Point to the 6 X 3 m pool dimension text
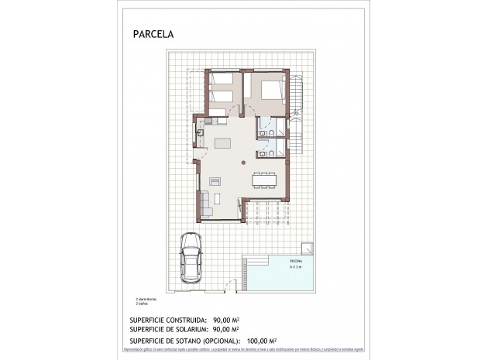click(297, 269)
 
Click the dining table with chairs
click(265, 180)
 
